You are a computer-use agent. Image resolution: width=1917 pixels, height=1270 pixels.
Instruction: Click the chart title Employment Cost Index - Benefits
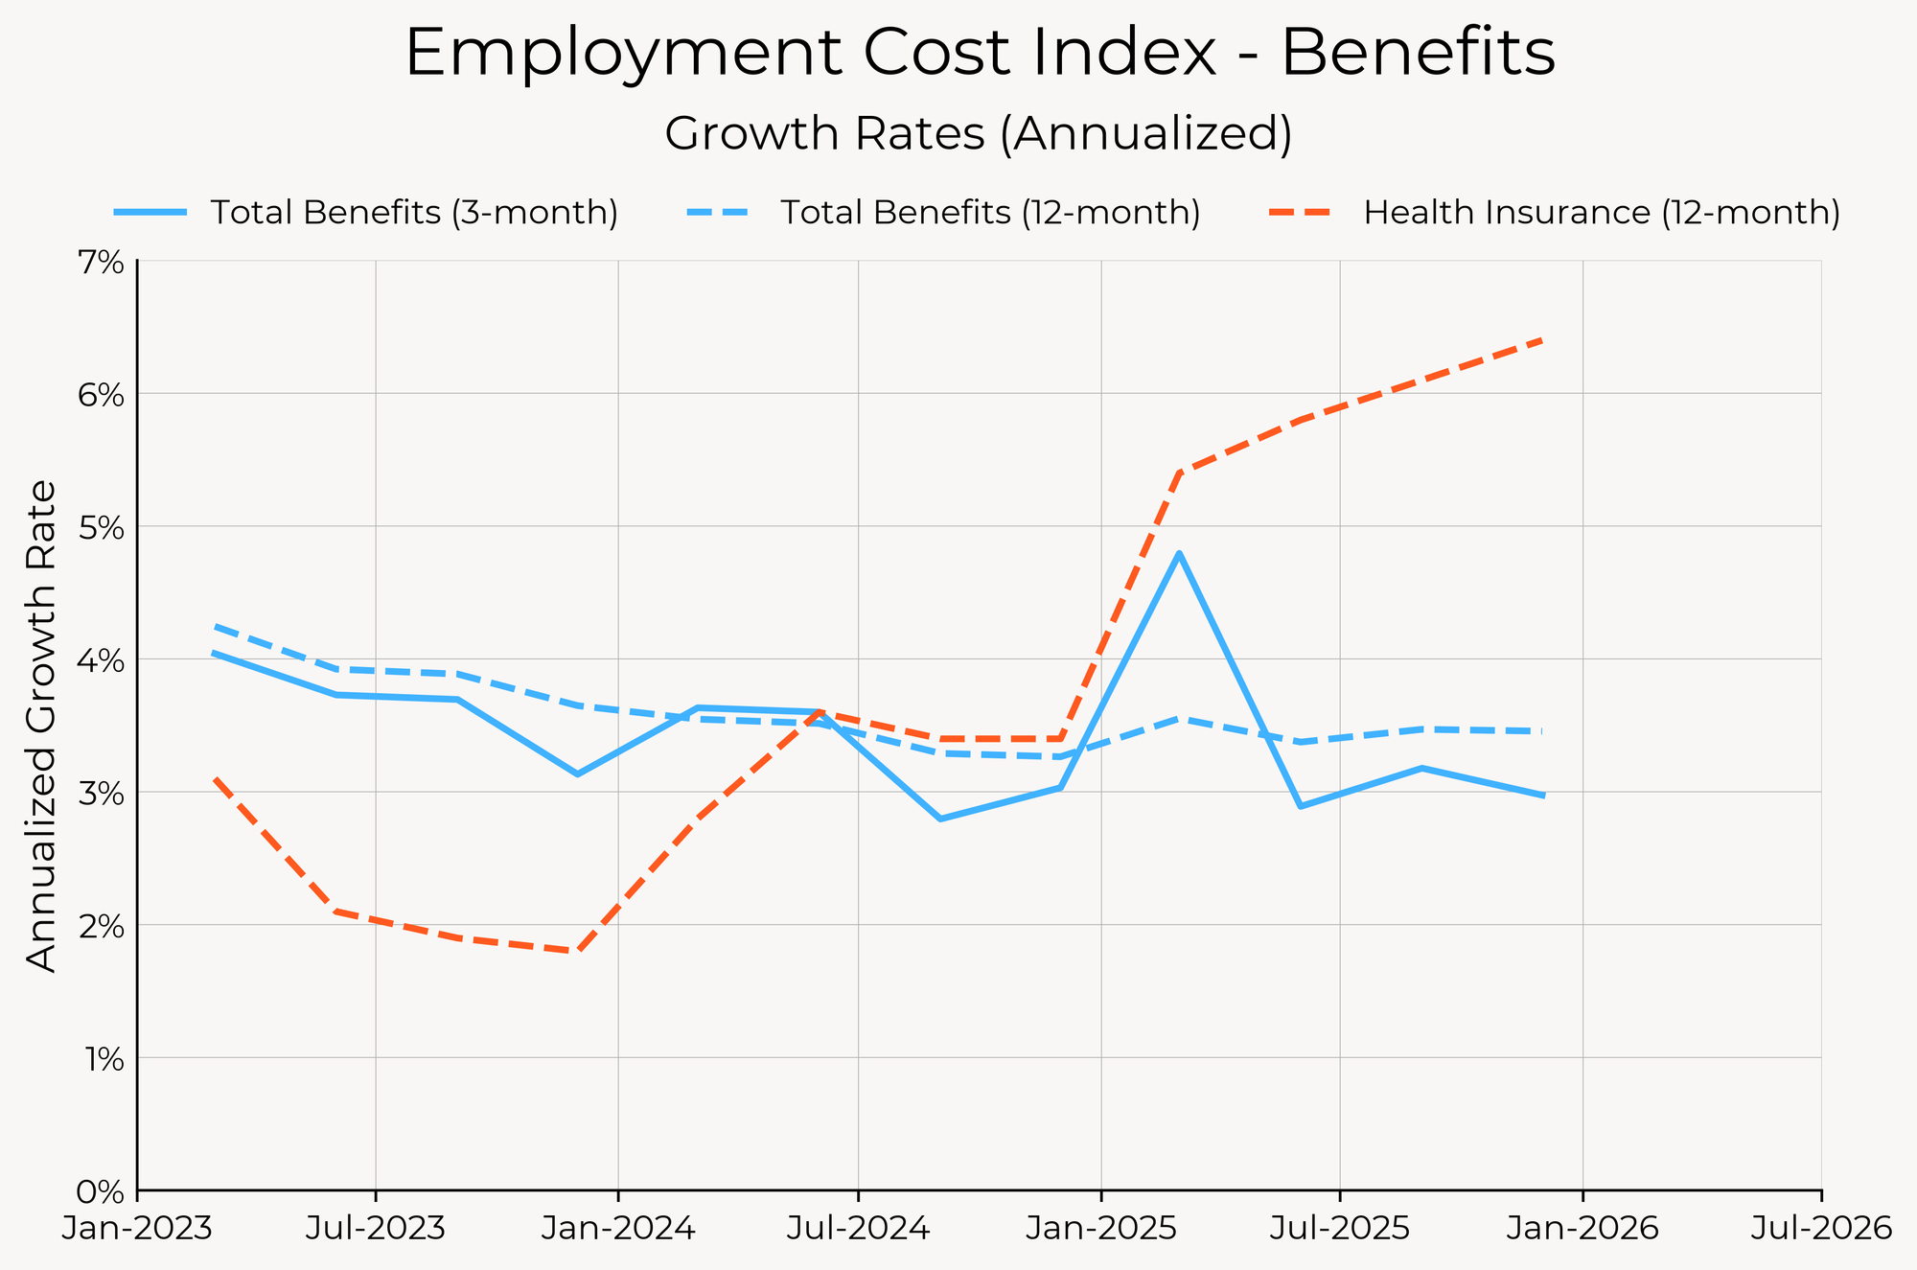coord(980,54)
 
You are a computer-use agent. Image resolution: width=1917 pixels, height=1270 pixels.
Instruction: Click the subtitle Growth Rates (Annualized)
coord(979,134)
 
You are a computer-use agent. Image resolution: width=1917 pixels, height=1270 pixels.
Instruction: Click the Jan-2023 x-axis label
coord(137,1230)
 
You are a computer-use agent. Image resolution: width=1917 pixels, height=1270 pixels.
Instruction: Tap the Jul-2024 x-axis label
coord(858,1230)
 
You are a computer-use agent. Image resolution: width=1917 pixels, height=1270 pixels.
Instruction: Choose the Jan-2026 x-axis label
coord(1582,1230)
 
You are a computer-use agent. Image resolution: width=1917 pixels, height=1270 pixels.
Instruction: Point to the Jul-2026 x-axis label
coord(1820,1230)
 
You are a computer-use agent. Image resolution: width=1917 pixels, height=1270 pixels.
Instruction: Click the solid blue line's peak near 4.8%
coord(1179,553)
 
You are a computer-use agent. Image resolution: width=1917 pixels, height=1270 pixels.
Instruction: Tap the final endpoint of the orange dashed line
coord(1542,339)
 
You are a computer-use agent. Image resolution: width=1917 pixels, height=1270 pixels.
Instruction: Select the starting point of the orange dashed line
coord(216,778)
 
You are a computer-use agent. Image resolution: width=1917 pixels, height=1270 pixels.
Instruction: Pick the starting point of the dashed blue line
coord(216,627)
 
